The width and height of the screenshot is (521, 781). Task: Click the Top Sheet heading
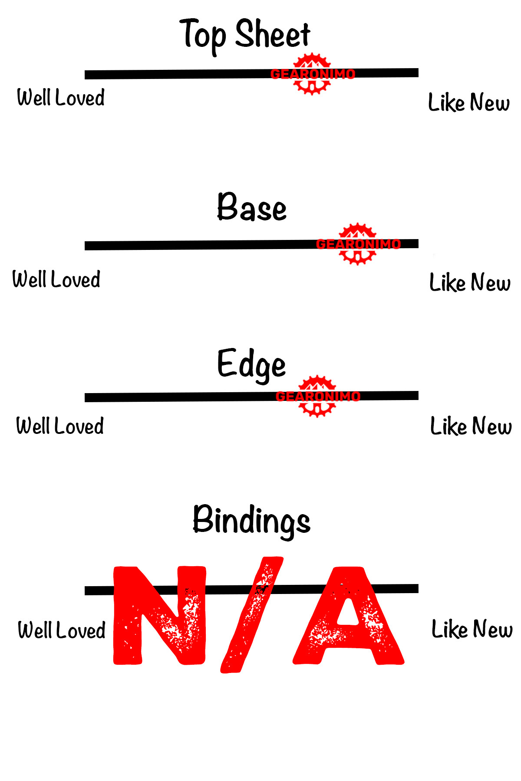coord(245,35)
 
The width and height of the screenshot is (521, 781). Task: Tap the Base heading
coord(252,207)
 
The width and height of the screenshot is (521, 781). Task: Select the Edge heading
coord(251,364)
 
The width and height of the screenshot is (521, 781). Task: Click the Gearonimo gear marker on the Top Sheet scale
coord(312,74)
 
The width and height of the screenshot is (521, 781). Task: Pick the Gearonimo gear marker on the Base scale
coord(357,244)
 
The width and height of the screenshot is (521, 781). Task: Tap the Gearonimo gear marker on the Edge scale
coord(317,396)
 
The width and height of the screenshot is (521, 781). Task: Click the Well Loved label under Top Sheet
coord(61,97)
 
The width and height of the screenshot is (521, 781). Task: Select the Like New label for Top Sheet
coord(469,102)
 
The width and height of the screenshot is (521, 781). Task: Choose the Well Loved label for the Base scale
coord(56,279)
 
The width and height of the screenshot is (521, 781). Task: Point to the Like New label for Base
coord(470,282)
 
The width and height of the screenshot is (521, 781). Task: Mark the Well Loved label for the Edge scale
coord(60,426)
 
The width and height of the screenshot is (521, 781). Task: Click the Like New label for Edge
coord(471,426)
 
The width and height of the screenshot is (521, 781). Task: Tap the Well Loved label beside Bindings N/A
coord(62,630)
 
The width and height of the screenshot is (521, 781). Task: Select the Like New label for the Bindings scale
coord(472,629)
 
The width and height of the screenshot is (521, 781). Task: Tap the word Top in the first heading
coord(203,35)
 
